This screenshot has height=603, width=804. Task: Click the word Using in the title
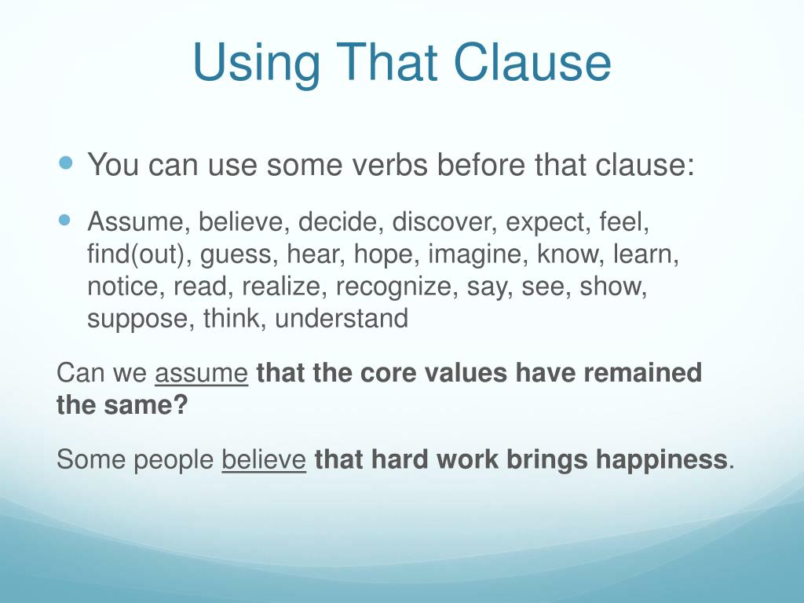(x=254, y=64)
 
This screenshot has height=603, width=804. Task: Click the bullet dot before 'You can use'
(x=66, y=164)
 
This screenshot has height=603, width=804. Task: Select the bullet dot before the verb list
(x=66, y=221)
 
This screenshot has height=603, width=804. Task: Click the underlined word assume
(x=202, y=373)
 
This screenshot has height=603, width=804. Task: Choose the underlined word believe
(x=264, y=459)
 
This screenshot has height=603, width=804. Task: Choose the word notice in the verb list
(x=122, y=287)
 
